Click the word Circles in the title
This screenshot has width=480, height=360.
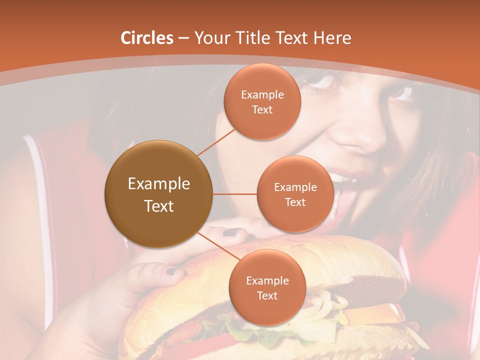pos(147,38)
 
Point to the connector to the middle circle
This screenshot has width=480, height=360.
pos(235,194)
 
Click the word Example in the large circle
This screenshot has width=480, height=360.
pos(158,184)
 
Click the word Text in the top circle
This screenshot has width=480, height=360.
pos(262,109)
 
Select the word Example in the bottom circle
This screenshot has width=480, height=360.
pos(267,281)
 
